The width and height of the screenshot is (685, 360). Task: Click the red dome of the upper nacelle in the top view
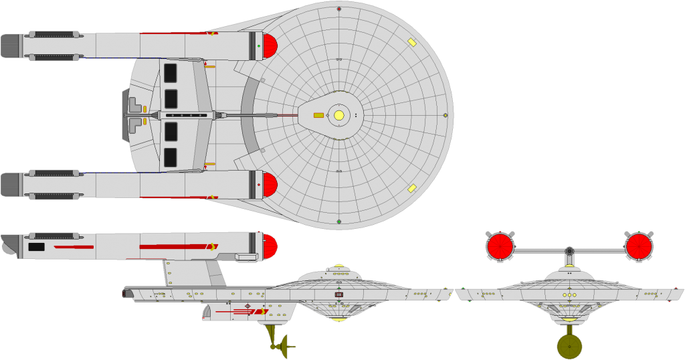click(x=269, y=46)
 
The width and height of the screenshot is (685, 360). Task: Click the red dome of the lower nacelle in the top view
click(x=269, y=185)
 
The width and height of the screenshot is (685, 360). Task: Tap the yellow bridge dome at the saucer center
click(x=339, y=115)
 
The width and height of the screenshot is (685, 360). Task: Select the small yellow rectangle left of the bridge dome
click(x=318, y=115)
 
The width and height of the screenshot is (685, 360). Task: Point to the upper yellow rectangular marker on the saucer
click(x=412, y=42)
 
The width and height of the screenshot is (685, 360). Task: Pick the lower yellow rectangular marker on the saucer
click(x=412, y=188)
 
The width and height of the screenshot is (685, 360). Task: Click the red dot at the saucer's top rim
click(x=339, y=9)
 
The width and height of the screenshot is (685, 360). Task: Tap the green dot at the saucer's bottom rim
click(x=339, y=221)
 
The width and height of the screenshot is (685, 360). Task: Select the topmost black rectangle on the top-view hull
click(x=171, y=73)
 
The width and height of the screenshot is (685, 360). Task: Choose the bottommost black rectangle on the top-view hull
click(x=171, y=157)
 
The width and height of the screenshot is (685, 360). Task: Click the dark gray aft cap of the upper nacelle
click(x=10, y=46)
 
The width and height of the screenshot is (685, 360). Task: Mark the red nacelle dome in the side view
click(x=270, y=247)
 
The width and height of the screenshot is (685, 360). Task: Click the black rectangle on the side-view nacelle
click(x=36, y=247)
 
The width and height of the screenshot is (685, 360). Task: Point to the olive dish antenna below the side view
click(x=284, y=347)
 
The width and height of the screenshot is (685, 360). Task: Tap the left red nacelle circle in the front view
click(x=500, y=246)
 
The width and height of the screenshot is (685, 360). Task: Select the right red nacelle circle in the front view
click(x=639, y=246)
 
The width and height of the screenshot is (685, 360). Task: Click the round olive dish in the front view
click(x=569, y=347)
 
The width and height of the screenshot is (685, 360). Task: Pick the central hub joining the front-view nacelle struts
click(x=569, y=252)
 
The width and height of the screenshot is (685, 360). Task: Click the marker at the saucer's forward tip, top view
click(x=446, y=115)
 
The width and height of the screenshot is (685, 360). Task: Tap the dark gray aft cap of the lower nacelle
click(x=10, y=185)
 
